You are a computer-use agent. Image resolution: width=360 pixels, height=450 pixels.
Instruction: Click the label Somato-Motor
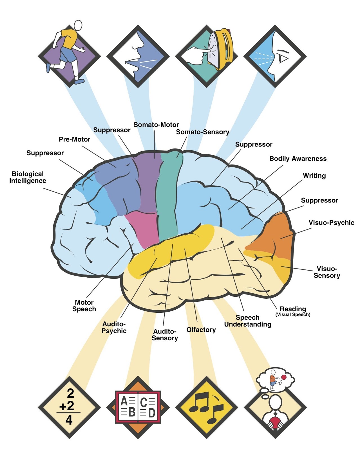pyautogui.click(x=156, y=125)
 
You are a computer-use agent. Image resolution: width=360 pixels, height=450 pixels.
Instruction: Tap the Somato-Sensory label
pyautogui.click(x=202, y=132)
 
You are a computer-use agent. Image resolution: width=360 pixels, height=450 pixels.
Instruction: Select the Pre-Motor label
pyautogui.click(x=74, y=139)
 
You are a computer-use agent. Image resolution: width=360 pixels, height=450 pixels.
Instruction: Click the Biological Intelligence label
pyautogui.click(x=28, y=177)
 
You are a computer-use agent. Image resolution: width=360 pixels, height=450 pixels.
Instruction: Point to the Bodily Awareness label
pyautogui.click(x=298, y=159)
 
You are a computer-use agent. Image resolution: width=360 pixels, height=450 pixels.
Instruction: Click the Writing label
pyautogui.click(x=314, y=176)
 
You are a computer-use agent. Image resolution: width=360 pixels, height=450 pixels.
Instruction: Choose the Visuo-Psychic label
pyautogui.click(x=331, y=223)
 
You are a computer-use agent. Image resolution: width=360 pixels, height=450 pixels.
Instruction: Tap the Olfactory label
pyautogui.click(x=201, y=330)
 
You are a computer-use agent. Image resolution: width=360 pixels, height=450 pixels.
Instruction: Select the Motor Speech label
pyautogui.click(x=84, y=306)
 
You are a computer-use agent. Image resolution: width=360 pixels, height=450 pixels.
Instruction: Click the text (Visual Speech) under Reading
pyautogui.click(x=293, y=314)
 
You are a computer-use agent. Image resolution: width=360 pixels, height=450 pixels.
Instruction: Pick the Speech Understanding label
pyautogui.click(x=247, y=321)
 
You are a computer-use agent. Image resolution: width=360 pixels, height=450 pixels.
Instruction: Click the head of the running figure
pyautogui.click(x=78, y=25)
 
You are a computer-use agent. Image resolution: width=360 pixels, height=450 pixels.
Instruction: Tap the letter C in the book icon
pyautogui.click(x=143, y=402)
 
